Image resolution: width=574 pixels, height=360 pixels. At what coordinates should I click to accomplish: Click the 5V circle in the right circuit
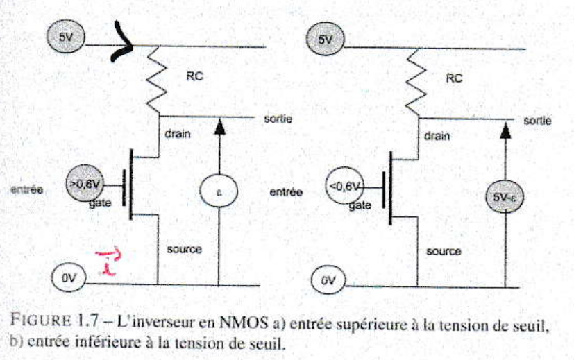pos(325,40)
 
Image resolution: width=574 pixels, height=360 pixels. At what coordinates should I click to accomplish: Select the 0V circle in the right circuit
pos(326,282)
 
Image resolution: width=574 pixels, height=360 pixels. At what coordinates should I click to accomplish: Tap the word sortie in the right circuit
pos(537,121)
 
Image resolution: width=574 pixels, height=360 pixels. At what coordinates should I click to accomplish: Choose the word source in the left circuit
pos(184,248)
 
